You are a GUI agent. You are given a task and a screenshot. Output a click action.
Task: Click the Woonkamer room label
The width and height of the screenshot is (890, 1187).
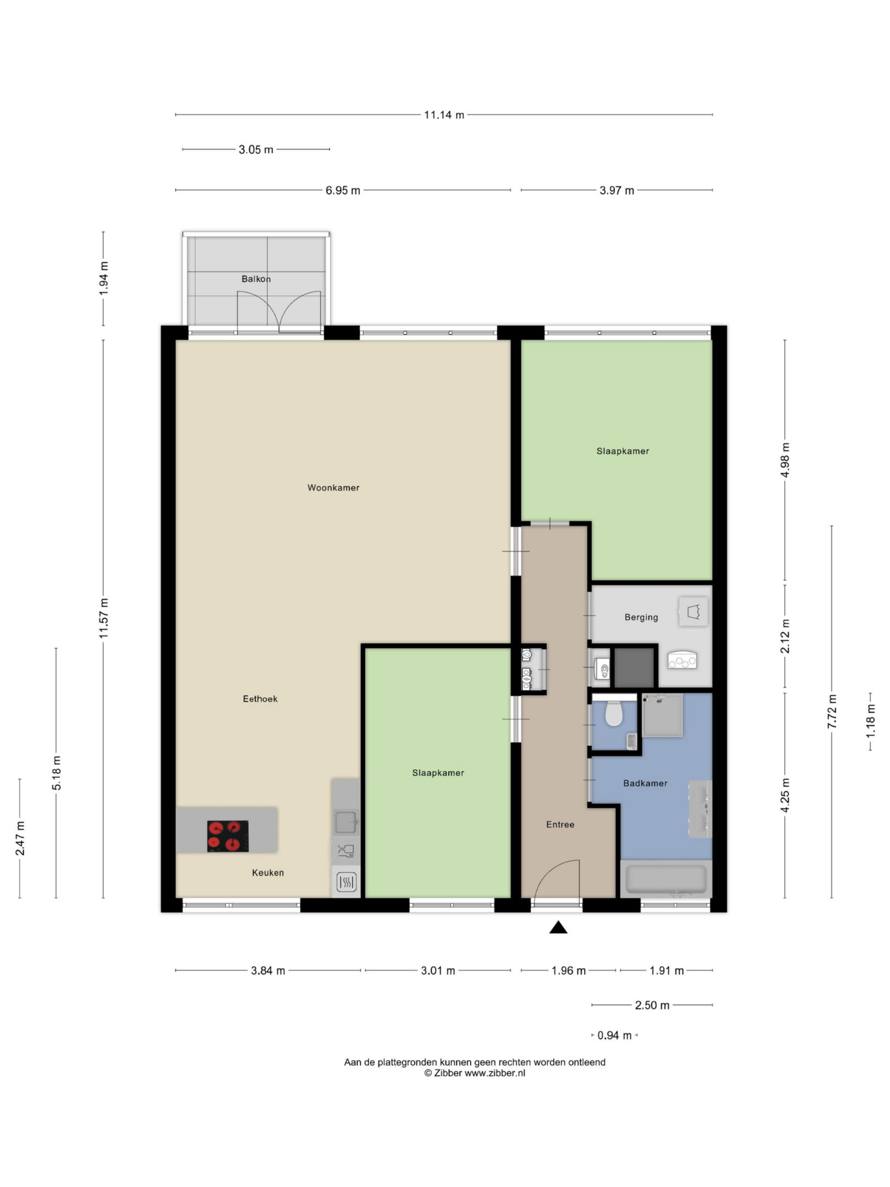333,487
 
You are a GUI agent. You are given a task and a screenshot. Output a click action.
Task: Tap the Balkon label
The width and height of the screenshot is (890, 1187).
256,279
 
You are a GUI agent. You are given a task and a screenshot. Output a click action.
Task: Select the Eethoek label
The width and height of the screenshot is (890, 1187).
260,698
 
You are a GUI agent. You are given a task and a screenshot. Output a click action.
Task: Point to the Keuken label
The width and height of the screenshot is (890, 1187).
268,872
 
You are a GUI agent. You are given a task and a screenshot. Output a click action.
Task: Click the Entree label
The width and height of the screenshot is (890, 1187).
560,824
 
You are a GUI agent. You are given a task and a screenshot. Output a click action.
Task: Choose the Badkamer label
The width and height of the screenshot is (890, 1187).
645,783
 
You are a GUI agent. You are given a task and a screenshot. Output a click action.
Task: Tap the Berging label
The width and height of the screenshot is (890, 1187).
641,617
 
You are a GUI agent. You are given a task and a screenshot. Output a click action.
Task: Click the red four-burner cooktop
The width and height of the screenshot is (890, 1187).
227,836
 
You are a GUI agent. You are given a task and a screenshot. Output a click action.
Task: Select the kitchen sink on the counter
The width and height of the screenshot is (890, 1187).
346,822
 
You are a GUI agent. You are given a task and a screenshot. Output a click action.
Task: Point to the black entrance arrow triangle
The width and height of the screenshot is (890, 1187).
558,927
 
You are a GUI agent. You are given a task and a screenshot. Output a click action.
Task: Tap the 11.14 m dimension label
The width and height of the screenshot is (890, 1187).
444,115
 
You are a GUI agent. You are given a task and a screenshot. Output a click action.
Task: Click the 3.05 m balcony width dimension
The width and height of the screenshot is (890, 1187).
255,149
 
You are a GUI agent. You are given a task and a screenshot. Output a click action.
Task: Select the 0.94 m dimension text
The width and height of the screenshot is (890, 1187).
614,1035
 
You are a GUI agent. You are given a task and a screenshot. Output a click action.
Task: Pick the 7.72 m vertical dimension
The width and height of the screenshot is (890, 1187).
832,711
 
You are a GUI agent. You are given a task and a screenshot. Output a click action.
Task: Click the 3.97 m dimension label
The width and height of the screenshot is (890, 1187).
616,190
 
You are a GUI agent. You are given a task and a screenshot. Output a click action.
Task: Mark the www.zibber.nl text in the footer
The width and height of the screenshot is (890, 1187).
494,1073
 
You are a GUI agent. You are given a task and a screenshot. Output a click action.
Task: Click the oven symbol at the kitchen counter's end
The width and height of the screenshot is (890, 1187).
346,883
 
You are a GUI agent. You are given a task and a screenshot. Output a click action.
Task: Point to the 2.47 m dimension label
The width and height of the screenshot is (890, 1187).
20,838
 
